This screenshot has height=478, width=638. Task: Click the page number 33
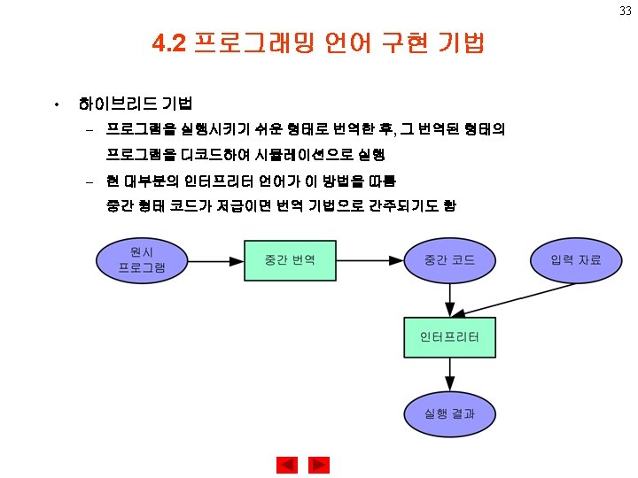[x=624, y=11]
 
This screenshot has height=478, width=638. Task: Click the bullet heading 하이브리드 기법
[x=136, y=104]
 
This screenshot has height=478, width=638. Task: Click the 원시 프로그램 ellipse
[x=142, y=260]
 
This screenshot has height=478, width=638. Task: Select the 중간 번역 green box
[x=290, y=260]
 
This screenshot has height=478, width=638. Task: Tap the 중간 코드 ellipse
[x=449, y=260]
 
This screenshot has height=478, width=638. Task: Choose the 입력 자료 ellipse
[x=576, y=260]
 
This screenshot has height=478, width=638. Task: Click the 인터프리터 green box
[x=449, y=336]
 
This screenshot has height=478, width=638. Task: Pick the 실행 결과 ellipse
[x=449, y=412]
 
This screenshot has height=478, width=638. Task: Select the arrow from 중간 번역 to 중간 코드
[x=370, y=260]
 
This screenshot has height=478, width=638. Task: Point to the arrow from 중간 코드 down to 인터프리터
[x=449, y=299]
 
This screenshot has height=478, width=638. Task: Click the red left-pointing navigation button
[x=286, y=465]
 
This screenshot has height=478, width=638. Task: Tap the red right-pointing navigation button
[x=319, y=465]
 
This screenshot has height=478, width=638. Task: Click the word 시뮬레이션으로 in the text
[x=302, y=155]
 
